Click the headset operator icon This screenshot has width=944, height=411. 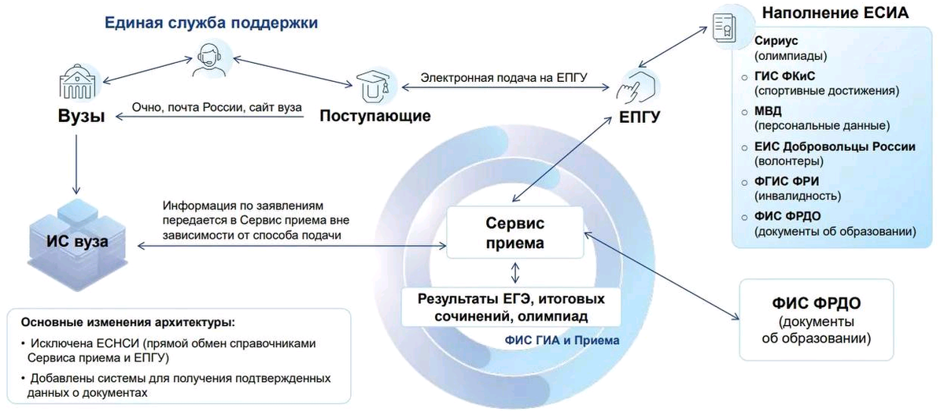click(x=209, y=61)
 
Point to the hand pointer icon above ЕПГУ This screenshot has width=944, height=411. click(x=636, y=87)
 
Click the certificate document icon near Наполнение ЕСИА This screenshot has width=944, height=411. click(x=724, y=28)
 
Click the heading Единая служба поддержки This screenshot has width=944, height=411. click(x=211, y=22)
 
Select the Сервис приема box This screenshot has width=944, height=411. click(x=515, y=232)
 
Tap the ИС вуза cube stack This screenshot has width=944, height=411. click(x=78, y=245)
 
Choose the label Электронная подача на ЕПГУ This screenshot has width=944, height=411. click(x=503, y=78)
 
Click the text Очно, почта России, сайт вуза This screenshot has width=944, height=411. click(x=217, y=108)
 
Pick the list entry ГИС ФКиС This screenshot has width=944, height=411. click(x=785, y=76)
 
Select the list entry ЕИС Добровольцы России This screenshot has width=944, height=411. click(x=835, y=147)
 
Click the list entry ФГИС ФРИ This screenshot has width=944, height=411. click(x=787, y=181)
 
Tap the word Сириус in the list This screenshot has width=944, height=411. click(x=776, y=41)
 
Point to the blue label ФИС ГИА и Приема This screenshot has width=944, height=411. click(x=562, y=340)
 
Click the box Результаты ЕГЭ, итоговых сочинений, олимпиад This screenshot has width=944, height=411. click(x=511, y=307)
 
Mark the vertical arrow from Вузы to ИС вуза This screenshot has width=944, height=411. click(x=76, y=164)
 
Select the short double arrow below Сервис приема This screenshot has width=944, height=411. click(x=515, y=272)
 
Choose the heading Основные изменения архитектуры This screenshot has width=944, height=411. click(x=128, y=323)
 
